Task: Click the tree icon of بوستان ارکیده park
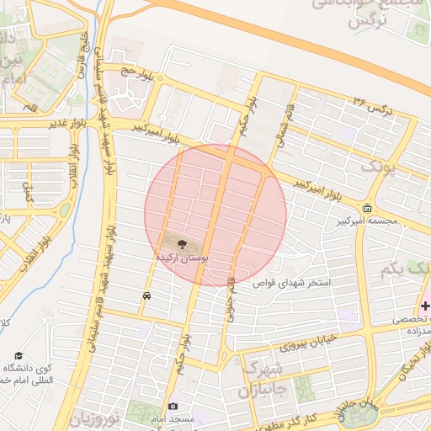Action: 183,243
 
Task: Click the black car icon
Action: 147,295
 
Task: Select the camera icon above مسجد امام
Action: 173,407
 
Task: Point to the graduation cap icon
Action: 19,356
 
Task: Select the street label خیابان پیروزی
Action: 285,343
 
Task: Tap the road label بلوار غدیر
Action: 46,123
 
